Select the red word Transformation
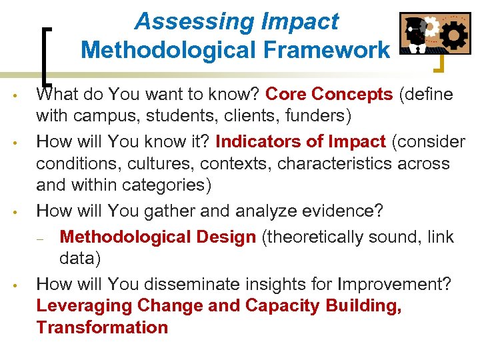coord(102,327)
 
